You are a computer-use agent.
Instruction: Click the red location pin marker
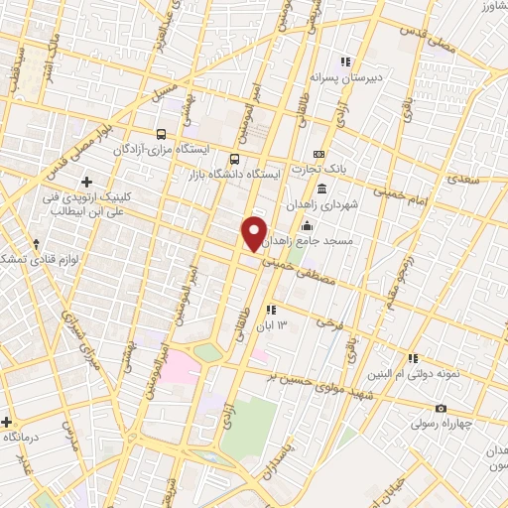click(254, 232)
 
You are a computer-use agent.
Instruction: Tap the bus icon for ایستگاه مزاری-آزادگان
click(162, 134)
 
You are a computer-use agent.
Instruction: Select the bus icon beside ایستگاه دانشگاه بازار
click(234, 158)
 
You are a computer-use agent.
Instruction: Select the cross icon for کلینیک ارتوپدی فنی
click(87, 182)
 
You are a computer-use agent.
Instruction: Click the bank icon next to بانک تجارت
click(317, 154)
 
